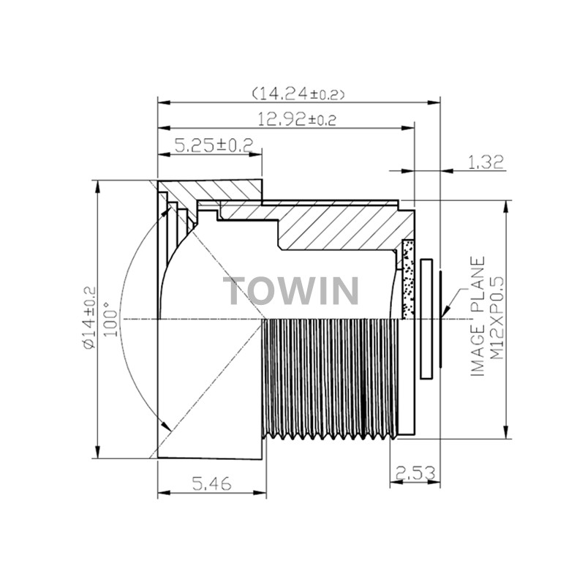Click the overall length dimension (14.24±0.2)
click(298, 94)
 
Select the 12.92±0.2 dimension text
click(297, 119)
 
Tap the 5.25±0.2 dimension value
click(214, 145)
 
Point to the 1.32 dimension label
click(485, 162)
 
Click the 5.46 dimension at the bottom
click(211, 483)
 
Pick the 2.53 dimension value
click(415, 474)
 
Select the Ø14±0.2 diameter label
click(90, 318)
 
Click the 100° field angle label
click(111, 319)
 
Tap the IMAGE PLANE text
click(478, 316)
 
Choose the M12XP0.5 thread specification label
click(497, 317)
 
